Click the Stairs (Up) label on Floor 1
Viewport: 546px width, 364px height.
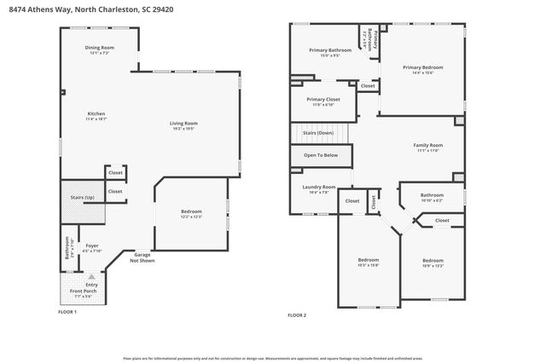click(82, 197)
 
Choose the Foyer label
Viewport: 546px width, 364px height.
click(91, 247)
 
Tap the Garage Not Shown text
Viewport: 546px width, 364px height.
click(142, 258)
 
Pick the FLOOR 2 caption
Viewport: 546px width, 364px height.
click(296, 315)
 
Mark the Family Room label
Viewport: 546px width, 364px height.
click(427, 147)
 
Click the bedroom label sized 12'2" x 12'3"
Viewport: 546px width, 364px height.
click(191, 213)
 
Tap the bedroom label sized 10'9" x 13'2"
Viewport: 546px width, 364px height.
click(433, 263)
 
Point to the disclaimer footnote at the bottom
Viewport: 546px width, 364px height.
click(273, 358)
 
